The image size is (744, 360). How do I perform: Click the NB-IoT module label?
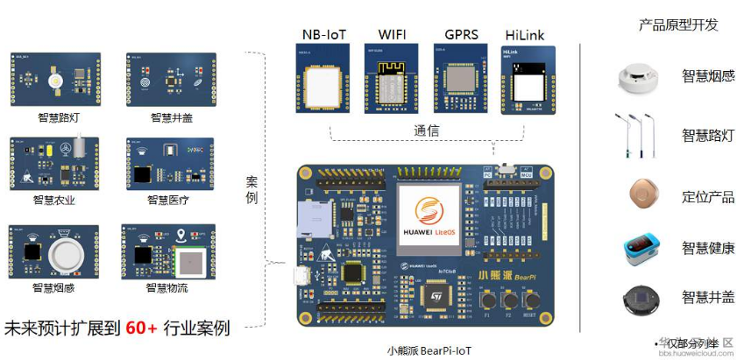pos(324,34)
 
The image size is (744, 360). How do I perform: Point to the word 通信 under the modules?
pos(426,131)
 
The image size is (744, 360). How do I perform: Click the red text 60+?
pos(140,329)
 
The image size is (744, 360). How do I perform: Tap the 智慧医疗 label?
pos(167,201)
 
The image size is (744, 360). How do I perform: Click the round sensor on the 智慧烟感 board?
pos(68,254)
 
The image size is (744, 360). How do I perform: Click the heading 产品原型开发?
pos(678,25)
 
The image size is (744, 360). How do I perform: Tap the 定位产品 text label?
pos(708,196)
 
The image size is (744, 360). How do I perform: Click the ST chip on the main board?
pos(433,298)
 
